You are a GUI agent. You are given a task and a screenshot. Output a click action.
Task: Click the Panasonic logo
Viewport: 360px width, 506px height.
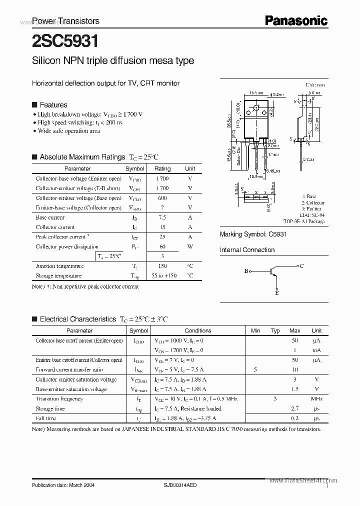point(295,20)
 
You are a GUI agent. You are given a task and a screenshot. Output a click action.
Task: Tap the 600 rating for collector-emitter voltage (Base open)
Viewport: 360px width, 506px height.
point(162,198)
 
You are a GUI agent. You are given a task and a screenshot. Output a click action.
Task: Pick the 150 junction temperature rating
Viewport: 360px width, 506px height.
point(162,266)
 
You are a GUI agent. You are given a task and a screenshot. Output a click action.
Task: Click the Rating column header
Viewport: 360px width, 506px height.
point(162,169)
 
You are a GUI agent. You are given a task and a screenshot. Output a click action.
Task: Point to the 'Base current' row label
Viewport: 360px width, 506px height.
point(50,217)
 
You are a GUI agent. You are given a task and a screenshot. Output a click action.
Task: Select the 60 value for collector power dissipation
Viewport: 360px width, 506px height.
point(162,246)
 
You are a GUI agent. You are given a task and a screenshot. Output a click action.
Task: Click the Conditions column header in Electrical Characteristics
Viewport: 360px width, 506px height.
point(198,330)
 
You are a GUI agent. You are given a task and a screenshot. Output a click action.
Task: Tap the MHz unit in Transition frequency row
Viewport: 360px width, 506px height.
point(316,399)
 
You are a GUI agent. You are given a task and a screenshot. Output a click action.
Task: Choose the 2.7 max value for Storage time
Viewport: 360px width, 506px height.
point(294,408)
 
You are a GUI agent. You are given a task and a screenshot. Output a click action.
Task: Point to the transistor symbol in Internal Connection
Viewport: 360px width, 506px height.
point(272,271)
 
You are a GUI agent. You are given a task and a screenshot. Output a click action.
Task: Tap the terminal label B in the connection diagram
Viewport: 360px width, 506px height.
point(246,271)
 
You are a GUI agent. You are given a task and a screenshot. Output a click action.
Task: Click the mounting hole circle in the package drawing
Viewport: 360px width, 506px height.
point(257,107)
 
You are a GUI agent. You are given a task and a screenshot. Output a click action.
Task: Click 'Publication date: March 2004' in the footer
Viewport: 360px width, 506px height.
point(63,485)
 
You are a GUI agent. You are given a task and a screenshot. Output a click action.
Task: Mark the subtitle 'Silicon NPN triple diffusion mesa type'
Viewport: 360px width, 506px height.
point(112,61)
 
